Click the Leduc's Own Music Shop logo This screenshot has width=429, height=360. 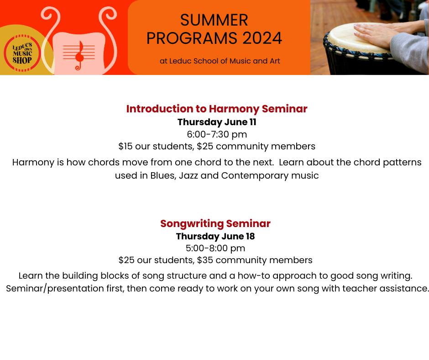[x=22, y=53]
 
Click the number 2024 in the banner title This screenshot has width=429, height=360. [x=262, y=38]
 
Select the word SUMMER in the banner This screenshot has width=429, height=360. [x=214, y=20]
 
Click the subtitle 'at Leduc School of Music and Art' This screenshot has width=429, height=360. [x=220, y=61]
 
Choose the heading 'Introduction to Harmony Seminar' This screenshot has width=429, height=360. [x=217, y=109]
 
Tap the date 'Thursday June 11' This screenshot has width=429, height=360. [x=217, y=122]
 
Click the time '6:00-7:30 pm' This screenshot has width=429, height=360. [x=217, y=134]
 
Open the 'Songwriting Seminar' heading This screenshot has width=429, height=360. [x=215, y=223]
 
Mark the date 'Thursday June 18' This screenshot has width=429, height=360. [x=215, y=236]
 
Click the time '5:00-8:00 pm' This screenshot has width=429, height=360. [x=215, y=248]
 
